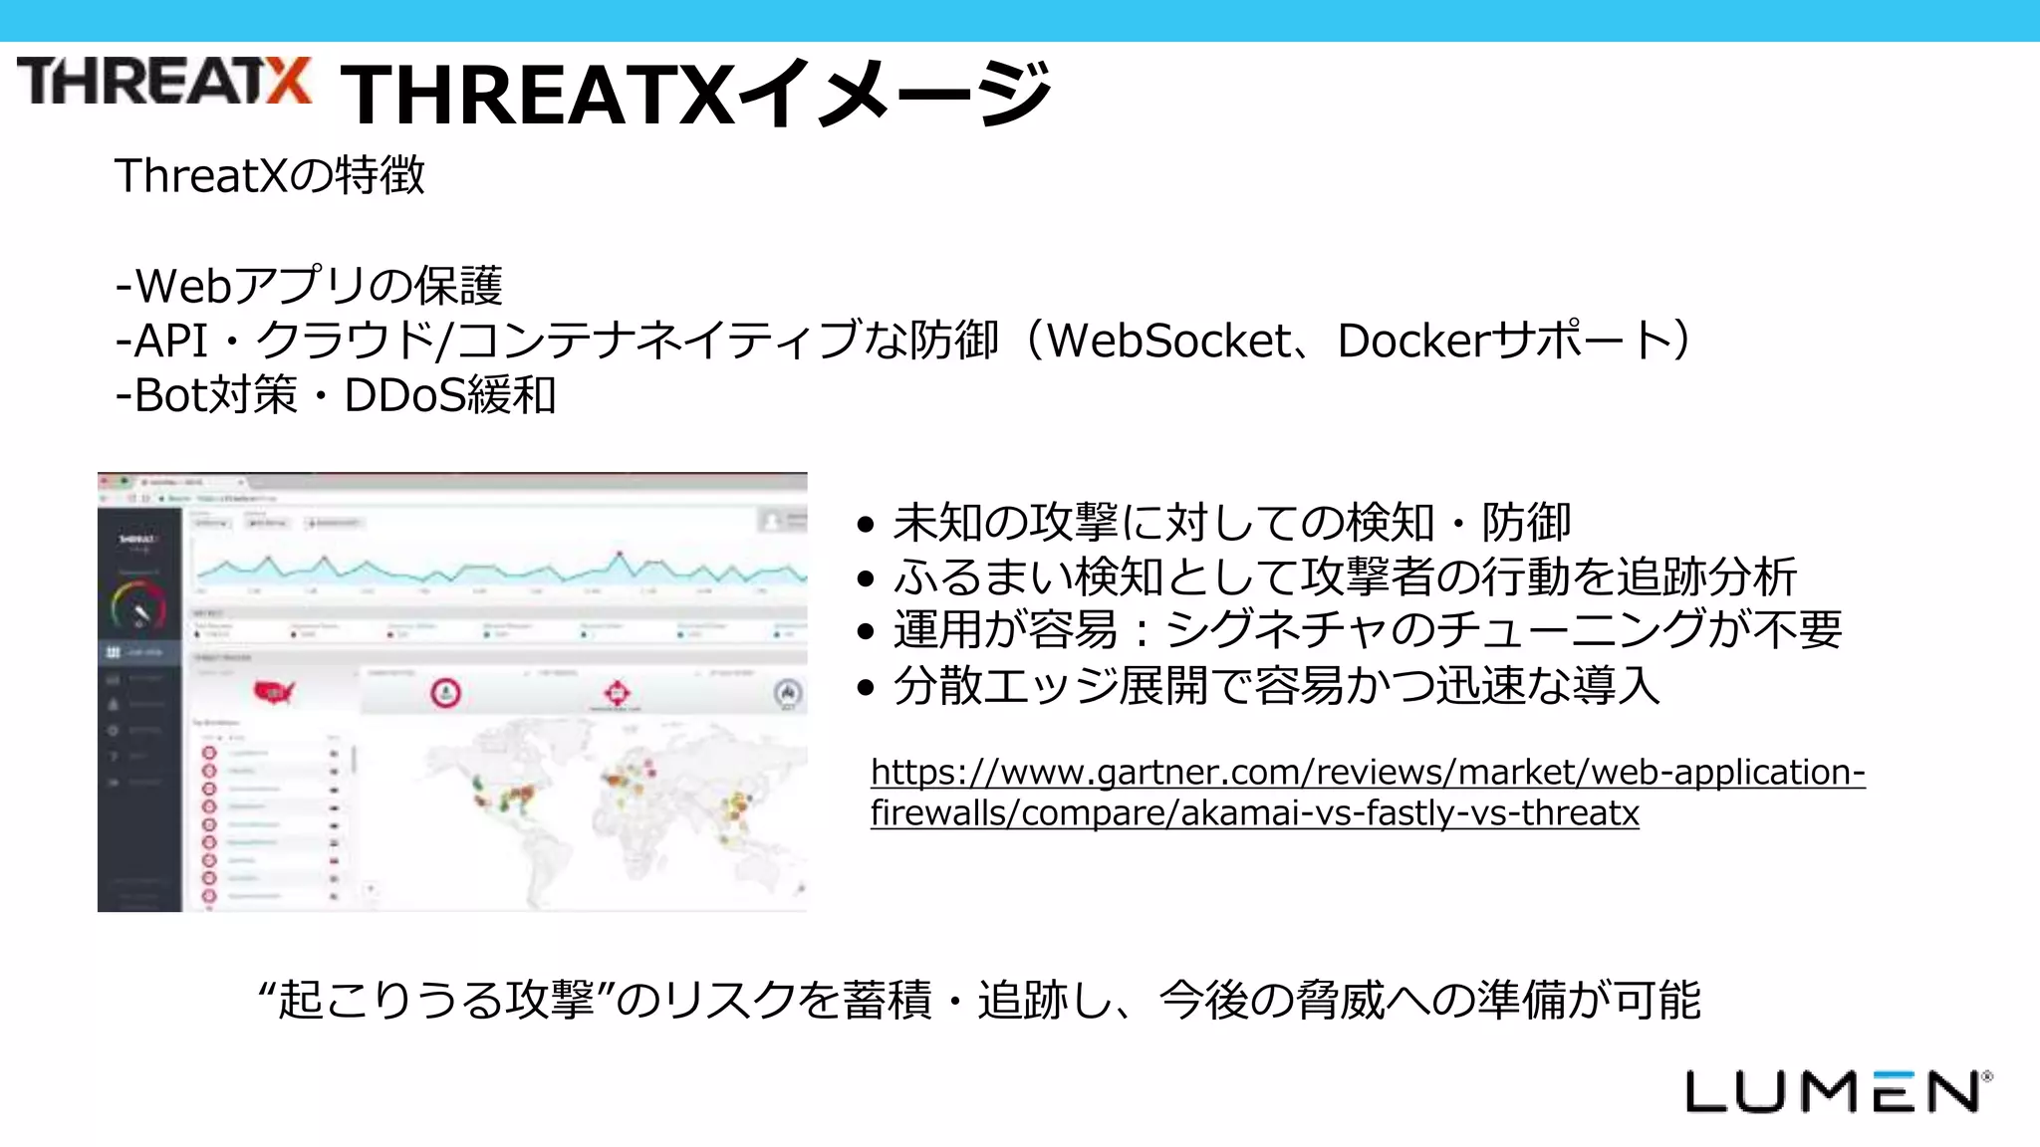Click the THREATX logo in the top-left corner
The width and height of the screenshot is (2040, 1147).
[x=164, y=82]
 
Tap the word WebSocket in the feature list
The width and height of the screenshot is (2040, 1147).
[x=1168, y=342]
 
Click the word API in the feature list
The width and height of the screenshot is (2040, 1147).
[x=171, y=342]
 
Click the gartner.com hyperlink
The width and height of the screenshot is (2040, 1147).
[x=1367, y=793]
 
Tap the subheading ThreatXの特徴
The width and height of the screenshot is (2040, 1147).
[x=269, y=176]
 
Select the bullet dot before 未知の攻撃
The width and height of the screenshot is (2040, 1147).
[x=866, y=525]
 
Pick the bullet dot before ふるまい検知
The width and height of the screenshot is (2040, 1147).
[x=866, y=578]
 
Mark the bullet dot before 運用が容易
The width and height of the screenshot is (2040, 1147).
[x=866, y=631]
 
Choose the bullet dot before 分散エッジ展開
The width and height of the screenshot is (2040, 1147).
[x=866, y=686]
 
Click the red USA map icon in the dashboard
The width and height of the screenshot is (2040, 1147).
[x=274, y=691]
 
